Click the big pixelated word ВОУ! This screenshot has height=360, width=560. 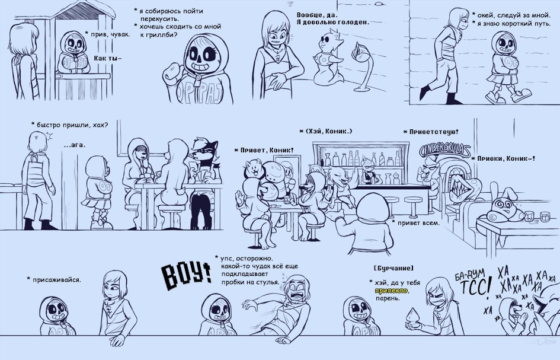[186, 276]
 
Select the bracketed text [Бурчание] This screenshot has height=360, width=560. [393, 268]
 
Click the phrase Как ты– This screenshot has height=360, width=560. [107, 58]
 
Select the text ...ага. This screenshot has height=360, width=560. [74, 145]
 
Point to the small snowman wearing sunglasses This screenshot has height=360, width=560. [328, 59]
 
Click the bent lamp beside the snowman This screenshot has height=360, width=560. [364, 67]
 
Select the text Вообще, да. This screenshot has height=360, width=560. [317, 15]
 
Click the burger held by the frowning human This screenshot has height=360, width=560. [413, 317]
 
